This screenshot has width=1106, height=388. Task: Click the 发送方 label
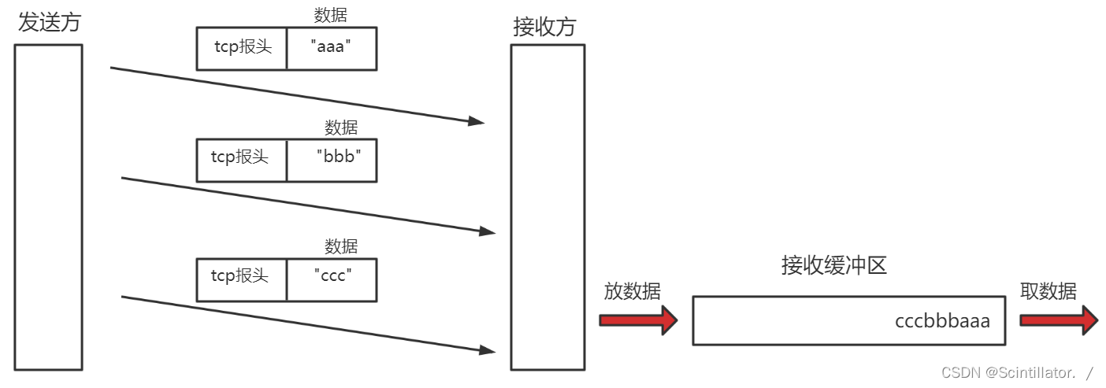pyautogui.click(x=49, y=22)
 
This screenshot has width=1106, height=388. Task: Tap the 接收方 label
pyautogui.click(x=544, y=27)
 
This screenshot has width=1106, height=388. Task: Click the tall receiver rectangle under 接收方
pyautogui.click(x=547, y=207)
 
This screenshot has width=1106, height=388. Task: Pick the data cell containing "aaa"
pyautogui.click(x=331, y=48)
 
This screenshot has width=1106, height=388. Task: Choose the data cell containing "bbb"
pyautogui.click(x=332, y=160)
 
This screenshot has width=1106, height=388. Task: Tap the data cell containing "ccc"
pyautogui.click(x=332, y=279)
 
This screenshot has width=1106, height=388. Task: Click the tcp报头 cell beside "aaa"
pyautogui.click(x=242, y=48)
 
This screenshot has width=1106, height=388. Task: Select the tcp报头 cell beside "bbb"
pyautogui.click(x=241, y=160)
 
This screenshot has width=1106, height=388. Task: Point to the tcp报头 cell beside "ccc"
pyautogui.click(x=241, y=279)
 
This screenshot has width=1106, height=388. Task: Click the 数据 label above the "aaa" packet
pyautogui.click(x=330, y=15)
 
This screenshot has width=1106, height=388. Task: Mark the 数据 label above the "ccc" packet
pyautogui.click(x=341, y=246)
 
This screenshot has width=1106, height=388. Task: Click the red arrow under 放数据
pyautogui.click(x=638, y=320)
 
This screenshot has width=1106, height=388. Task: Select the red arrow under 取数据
pyautogui.click(x=1059, y=320)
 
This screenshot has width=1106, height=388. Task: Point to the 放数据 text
pyautogui.click(x=632, y=291)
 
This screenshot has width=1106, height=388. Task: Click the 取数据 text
pyautogui.click(x=1048, y=291)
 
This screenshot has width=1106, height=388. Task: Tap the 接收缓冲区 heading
pyautogui.click(x=834, y=265)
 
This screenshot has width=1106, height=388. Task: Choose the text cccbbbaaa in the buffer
pyautogui.click(x=942, y=321)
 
